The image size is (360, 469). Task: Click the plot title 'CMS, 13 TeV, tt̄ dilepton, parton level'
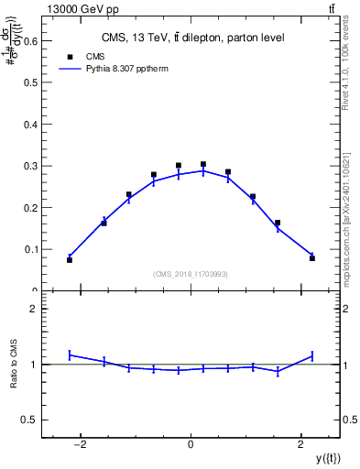point(191,38)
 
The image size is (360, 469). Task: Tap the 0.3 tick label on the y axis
point(30,165)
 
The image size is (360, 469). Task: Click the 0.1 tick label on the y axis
point(30,249)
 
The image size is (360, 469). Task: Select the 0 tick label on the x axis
point(191,445)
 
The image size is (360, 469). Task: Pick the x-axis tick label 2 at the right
point(301,445)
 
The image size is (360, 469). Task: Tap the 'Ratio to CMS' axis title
point(13,365)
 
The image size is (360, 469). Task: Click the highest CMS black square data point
point(203,164)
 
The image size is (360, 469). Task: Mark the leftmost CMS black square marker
point(70,260)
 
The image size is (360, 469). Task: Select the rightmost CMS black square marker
point(312,258)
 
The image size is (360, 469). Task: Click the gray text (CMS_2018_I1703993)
point(190,274)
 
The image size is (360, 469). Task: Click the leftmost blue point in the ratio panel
point(70,354)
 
